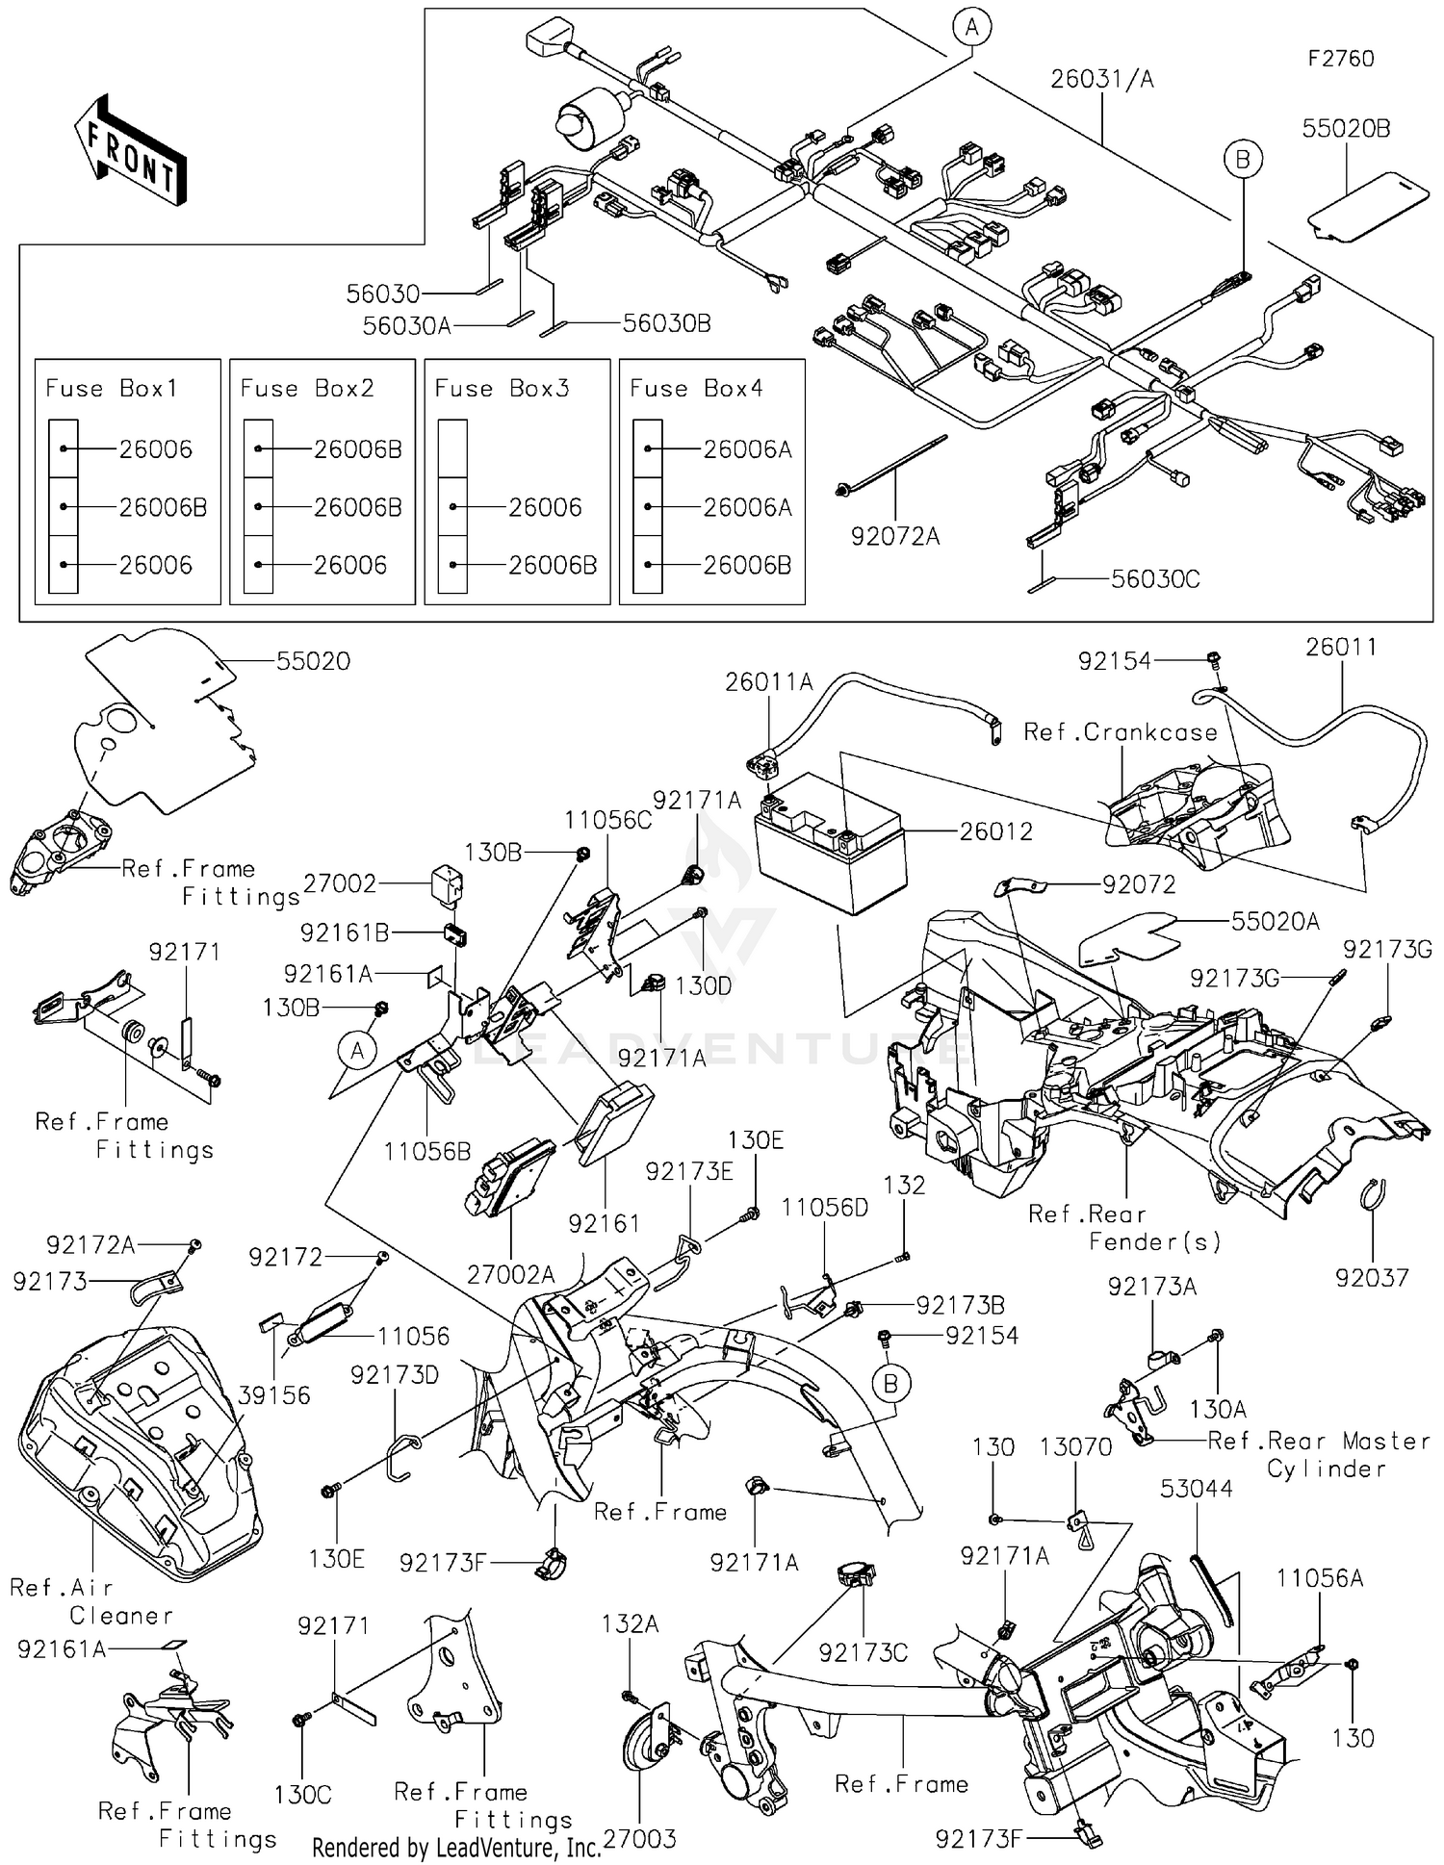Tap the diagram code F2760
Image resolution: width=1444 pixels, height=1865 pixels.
(1340, 59)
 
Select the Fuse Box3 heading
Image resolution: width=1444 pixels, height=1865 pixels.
(502, 389)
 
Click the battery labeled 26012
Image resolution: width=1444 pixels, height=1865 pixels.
(830, 847)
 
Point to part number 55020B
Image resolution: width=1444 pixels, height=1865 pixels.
(1346, 129)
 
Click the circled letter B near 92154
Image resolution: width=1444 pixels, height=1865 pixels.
(890, 1384)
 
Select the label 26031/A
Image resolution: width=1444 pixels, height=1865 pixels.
(1101, 79)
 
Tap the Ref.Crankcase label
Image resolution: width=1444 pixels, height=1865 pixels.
(1120, 732)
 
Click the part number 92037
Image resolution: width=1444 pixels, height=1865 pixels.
(1372, 1278)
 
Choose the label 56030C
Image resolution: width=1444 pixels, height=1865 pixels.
(1155, 579)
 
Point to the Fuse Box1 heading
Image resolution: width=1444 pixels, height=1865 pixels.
(112, 389)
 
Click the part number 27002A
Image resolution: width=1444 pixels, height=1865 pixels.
(510, 1275)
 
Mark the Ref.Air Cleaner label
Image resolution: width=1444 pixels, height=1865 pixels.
(91, 1601)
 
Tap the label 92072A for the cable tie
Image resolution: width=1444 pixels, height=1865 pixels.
(894, 536)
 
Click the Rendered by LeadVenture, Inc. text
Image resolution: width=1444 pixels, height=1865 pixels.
(456, 1847)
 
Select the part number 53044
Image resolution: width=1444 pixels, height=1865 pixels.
(1196, 1489)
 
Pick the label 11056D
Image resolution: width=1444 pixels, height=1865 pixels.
(824, 1208)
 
